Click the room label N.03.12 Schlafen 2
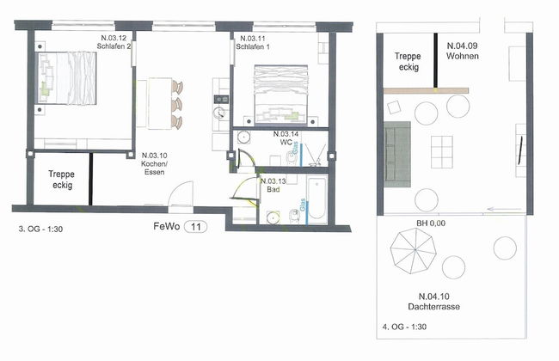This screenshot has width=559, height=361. [x=114, y=42]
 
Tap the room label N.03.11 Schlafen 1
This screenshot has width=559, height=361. [x=253, y=42]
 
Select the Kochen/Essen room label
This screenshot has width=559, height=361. [x=154, y=164]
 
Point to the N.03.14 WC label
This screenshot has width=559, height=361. [x=286, y=138]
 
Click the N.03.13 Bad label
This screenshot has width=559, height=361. [x=273, y=186]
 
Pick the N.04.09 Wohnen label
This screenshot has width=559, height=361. [x=463, y=51]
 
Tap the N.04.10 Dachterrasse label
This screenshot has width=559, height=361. [x=433, y=302]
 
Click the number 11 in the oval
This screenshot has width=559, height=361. [x=196, y=227]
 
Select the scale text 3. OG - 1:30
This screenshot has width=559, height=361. [x=40, y=229]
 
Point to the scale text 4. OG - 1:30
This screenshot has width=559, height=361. [x=404, y=327]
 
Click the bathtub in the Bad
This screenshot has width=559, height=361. [x=317, y=199]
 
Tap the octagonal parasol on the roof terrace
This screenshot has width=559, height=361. [x=414, y=251]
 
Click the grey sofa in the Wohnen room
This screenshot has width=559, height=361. [x=397, y=154]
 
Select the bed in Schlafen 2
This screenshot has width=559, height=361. [x=67, y=78]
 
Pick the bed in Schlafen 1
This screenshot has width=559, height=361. [x=281, y=95]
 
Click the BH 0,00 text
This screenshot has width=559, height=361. [x=431, y=223]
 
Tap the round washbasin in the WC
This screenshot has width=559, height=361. [x=244, y=137]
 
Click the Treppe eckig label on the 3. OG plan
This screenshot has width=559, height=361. [x=61, y=180]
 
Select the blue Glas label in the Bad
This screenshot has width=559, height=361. [x=303, y=205]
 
